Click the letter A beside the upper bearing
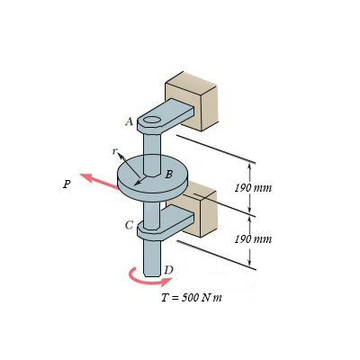click(130, 121)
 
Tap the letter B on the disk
click(168, 174)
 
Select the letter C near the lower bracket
click(130, 225)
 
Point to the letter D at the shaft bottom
click(168, 270)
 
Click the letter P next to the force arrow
click(67, 184)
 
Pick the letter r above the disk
click(114, 151)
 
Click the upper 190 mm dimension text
click(253, 188)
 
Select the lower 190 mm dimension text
click(253, 239)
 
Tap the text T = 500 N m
click(191, 297)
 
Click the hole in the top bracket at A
click(152, 119)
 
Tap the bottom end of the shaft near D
click(151, 270)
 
